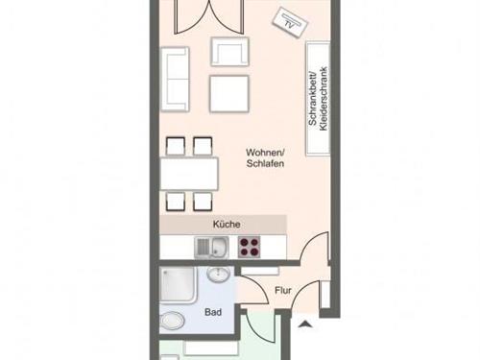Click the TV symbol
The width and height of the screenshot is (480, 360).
pyautogui.click(x=290, y=22)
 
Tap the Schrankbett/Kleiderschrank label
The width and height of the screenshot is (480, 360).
pyautogui.click(x=318, y=99)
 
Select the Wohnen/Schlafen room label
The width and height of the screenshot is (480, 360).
pyautogui.click(x=265, y=157)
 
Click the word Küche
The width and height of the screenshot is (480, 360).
pyautogui.click(x=227, y=225)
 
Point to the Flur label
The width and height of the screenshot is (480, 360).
pyautogui.click(x=283, y=291)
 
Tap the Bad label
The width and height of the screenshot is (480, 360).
pyautogui.click(x=213, y=312)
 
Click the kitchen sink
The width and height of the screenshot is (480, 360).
pyautogui.click(x=211, y=247)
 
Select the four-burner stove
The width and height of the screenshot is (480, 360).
pyautogui.click(x=249, y=247)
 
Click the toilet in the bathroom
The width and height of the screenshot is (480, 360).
pyautogui.click(x=173, y=321)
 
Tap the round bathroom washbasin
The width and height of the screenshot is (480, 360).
pyautogui.click(x=218, y=274)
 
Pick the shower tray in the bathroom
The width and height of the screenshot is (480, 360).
pyautogui.click(x=177, y=284)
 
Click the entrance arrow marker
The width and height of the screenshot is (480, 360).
pyautogui.click(x=305, y=324)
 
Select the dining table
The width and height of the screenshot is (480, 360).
pyautogui.click(x=189, y=174)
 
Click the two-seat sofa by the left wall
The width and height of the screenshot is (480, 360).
pyautogui.click(x=175, y=80)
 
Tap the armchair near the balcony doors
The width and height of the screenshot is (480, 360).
pyautogui.click(x=229, y=52)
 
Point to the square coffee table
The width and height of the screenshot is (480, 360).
pyautogui.click(x=229, y=94)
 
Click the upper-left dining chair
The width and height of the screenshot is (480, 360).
pyautogui.click(x=176, y=147)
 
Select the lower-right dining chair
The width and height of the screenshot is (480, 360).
pyautogui.click(x=203, y=202)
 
